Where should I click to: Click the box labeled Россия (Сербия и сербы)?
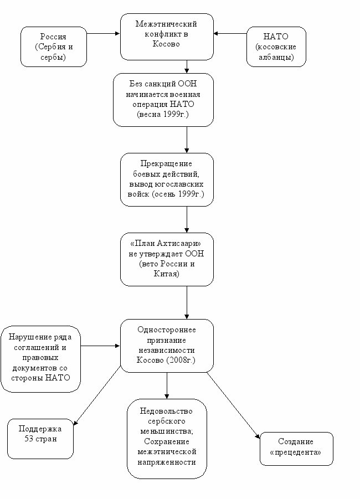tap(54, 47)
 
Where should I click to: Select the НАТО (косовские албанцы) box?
tap(276, 47)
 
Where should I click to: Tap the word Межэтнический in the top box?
tap(166, 24)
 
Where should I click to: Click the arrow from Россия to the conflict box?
tap(103, 33)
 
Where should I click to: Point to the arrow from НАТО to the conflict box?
tap(230, 33)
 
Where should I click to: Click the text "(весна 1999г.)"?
tap(163, 114)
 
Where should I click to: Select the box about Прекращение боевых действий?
tap(167, 179)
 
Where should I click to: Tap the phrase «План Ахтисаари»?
tap(166, 244)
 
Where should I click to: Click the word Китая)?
tap(167, 274)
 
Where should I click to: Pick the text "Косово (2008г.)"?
tap(166, 360)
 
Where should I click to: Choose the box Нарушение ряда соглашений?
tap(40, 359)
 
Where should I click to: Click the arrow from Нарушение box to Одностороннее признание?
tap(100, 346)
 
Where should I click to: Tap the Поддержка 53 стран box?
tap(40, 439)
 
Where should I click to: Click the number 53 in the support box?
tap(29, 439)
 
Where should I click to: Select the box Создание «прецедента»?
tap(296, 449)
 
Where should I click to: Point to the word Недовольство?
tap(166, 411)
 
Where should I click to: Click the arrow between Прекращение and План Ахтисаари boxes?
tap(187, 219)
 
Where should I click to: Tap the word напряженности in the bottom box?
tap(167, 462)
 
